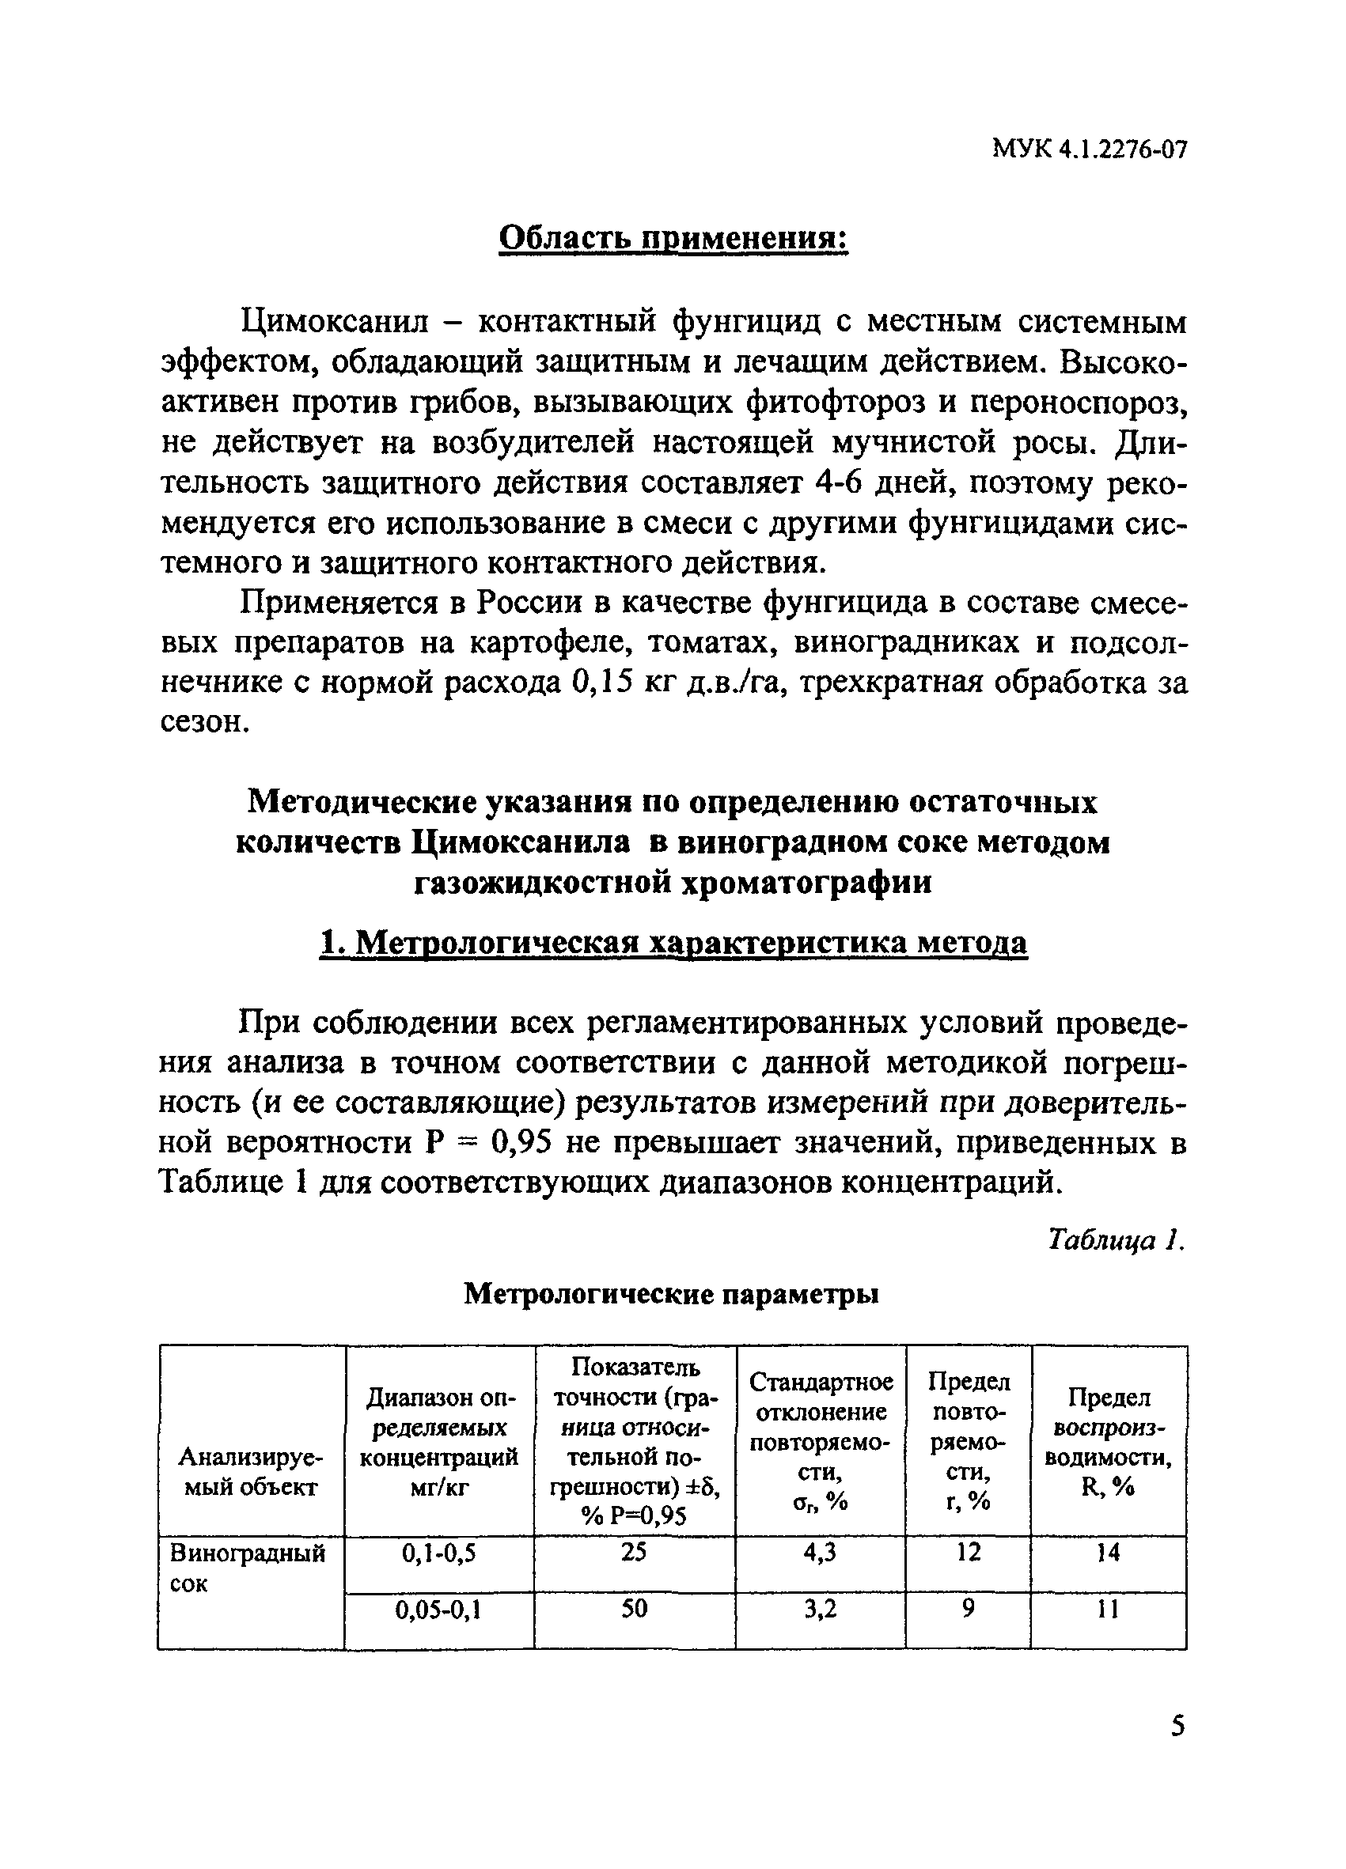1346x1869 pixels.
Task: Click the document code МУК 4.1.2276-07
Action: coord(1090,149)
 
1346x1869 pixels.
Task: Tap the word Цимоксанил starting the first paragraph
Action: coord(335,321)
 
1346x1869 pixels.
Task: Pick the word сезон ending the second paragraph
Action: coord(203,723)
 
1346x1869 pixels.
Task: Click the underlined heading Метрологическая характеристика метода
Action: coord(673,943)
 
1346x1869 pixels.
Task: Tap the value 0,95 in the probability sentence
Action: coord(526,1142)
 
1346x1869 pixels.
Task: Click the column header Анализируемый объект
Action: coord(251,1473)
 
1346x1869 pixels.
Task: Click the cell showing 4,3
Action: coord(820,1553)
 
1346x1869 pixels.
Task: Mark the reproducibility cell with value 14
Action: coord(1109,1553)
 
